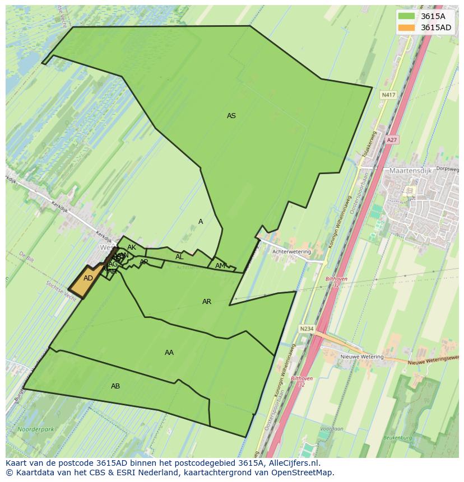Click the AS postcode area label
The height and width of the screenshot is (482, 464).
pyautogui.click(x=231, y=116)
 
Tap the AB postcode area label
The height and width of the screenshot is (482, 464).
pyautogui.click(x=115, y=386)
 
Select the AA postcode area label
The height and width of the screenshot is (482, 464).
pyautogui.click(x=169, y=353)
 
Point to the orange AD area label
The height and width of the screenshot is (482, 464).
pyautogui.click(x=88, y=278)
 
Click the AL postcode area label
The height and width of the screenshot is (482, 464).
pyautogui.click(x=179, y=257)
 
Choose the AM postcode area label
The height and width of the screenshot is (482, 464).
pyautogui.click(x=220, y=266)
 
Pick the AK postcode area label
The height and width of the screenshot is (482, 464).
pyautogui.click(x=131, y=247)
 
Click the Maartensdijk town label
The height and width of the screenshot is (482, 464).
pyautogui.click(x=410, y=170)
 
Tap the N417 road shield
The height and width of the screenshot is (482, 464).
pyautogui.click(x=388, y=95)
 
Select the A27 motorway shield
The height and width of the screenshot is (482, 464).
pyautogui.click(x=392, y=140)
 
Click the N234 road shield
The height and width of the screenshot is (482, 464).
pyautogui.click(x=307, y=329)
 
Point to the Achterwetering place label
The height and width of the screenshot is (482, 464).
pyautogui.click(x=291, y=252)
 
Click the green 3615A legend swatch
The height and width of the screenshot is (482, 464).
pyautogui.click(x=406, y=16)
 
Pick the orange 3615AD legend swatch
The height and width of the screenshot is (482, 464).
pyautogui.click(x=406, y=27)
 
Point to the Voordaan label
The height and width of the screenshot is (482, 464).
pyautogui.click(x=331, y=429)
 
